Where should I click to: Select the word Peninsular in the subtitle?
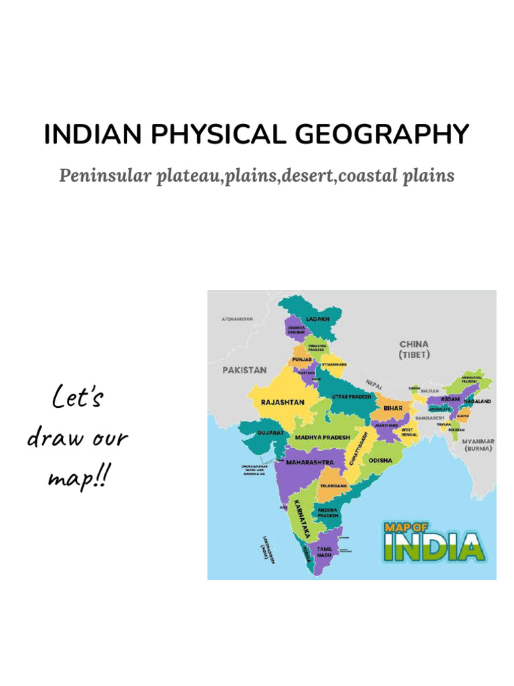click(x=104, y=176)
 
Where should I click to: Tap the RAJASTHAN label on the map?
click(x=282, y=402)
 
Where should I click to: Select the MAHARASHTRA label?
click(x=309, y=462)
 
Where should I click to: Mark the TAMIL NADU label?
click(x=325, y=552)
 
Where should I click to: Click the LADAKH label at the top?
click(x=318, y=319)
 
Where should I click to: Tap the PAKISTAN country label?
click(x=244, y=369)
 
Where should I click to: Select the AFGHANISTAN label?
click(x=237, y=319)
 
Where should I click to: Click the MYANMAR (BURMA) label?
click(x=478, y=445)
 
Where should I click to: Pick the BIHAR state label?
click(x=393, y=407)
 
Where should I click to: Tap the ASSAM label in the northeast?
click(x=451, y=399)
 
